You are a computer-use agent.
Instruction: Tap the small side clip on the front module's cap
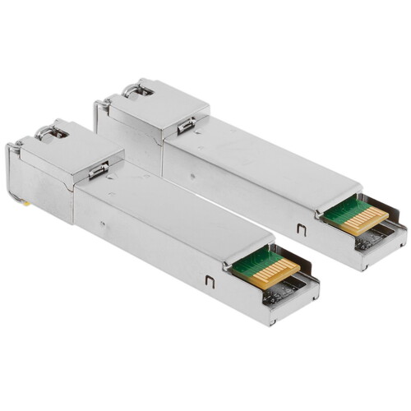point(99,170)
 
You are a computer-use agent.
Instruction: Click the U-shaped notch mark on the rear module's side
point(301,231)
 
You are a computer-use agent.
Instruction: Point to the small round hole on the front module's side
point(102,223)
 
